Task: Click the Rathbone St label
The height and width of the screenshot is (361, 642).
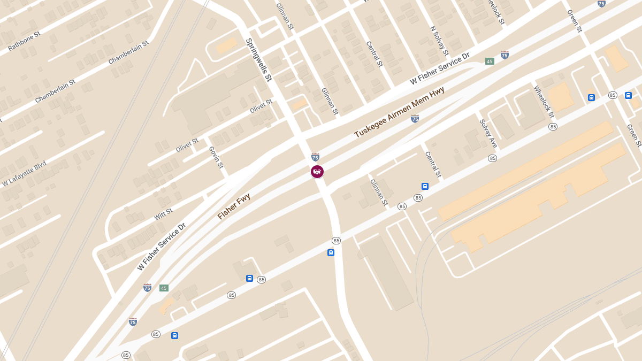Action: click(x=24, y=41)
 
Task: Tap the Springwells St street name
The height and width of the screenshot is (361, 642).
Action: click(x=259, y=59)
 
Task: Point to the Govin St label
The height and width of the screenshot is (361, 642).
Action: click(x=216, y=157)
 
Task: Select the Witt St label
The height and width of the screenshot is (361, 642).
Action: click(x=163, y=214)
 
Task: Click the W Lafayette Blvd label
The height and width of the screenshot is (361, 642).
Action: click(x=24, y=174)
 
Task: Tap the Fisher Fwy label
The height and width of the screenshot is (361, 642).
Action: click(x=234, y=206)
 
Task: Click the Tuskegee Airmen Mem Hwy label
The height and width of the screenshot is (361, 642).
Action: click(x=399, y=112)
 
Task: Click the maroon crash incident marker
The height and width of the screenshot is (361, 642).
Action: click(x=317, y=172)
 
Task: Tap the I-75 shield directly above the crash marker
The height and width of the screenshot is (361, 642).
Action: click(x=315, y=157)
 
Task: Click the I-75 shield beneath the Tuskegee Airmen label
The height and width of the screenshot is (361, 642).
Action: click(x=415, y=119)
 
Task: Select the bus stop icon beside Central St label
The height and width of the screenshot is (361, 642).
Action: click(x=425, y=186)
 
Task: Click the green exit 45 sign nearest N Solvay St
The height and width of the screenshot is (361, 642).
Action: click(x=490, y=62)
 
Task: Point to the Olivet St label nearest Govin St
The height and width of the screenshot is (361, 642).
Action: click(x=187, y=145)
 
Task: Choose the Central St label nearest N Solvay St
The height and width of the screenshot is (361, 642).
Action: click(x=374, y=54)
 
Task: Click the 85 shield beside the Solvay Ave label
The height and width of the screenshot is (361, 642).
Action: click(x=492, y=158)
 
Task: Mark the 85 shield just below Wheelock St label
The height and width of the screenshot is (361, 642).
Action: click(x=553, y=127)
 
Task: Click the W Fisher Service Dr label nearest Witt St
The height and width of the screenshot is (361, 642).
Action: click(x=161, y=247)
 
